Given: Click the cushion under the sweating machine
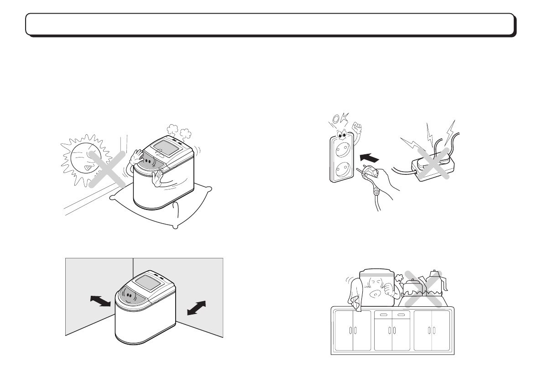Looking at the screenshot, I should pyautogui.click(x=160, y=208).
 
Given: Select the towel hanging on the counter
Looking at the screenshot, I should pyautogui.click(x=355, y=294).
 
